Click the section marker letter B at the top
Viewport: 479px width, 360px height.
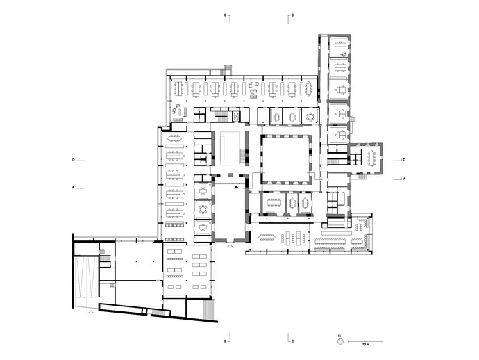pos(226,15)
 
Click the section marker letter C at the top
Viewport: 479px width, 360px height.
pos(293,15)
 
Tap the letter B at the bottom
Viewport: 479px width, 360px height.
pos(226,341)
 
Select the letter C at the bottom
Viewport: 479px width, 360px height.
pos(293,341)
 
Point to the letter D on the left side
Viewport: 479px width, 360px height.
pos(73,160)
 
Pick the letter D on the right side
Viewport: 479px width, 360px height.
pos(404,160)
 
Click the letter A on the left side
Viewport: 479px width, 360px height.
pos(73,186)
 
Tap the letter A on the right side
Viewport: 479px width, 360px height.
pos(405,179)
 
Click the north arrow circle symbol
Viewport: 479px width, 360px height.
pos(340,341)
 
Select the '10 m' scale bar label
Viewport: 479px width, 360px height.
pos(366,345)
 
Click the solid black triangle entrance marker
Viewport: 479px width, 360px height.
pos(237,187)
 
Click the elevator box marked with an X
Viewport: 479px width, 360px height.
pos(237,116)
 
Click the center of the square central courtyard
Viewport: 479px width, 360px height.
pos(286,159)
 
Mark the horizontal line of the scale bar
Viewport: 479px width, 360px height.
pos(366,341)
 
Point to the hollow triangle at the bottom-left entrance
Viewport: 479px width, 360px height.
pos(91,311)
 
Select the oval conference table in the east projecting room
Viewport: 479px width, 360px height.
pos(372,158)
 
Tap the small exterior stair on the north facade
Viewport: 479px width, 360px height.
pos(228,69)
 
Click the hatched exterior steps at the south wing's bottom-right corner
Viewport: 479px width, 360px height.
pos(208,310)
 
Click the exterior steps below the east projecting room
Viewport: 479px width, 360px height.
pos(362,176)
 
